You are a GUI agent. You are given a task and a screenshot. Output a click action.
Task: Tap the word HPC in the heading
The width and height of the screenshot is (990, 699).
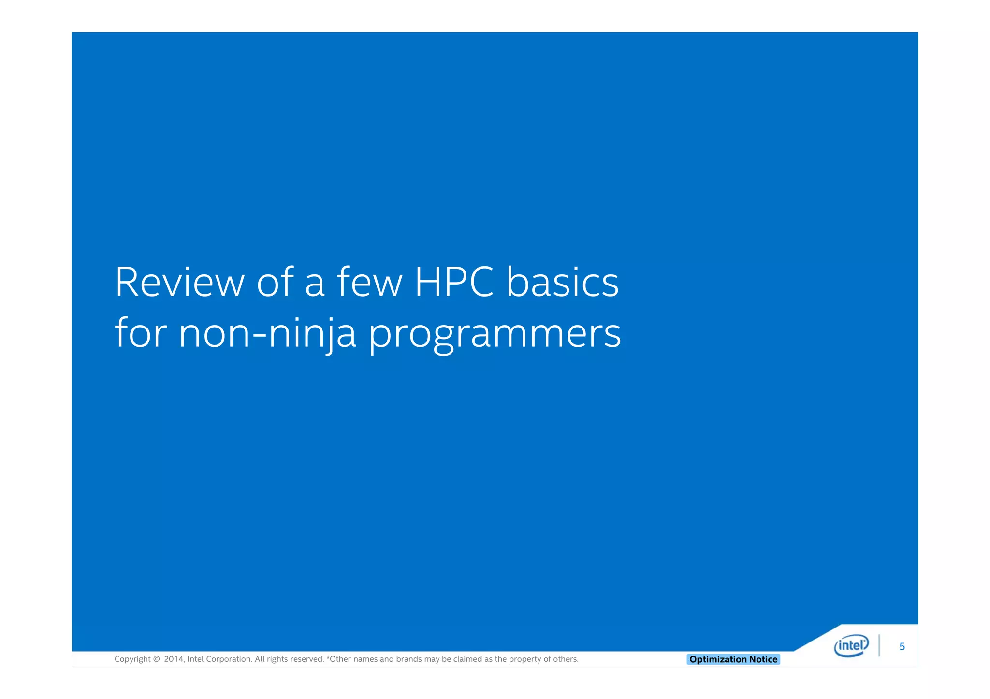[x=454, y=282]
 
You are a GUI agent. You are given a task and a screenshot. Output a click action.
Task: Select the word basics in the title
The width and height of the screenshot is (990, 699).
[x=563, y=282]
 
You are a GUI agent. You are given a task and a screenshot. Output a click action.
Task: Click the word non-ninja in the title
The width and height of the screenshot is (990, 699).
[x=267, y=333]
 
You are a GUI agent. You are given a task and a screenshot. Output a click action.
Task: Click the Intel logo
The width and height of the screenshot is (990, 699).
[x=851, y=646]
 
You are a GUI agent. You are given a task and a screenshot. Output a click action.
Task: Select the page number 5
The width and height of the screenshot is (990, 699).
[x=902, y=647]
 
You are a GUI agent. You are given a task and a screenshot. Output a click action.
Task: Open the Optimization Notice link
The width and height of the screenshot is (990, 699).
[x=733, y=659]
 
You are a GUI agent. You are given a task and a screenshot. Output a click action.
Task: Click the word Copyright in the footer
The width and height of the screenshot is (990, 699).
[x=132, y=659]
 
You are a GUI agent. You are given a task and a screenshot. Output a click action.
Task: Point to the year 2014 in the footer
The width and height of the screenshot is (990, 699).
[x=173, y=659]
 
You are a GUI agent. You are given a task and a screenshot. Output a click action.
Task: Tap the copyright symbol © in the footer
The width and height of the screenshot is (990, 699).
[x=156, y=659]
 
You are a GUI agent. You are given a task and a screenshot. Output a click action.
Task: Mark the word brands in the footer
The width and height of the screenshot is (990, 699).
[x=409, y=659]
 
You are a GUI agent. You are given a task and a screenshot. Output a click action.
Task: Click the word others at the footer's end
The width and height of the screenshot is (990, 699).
[x=566, y=659]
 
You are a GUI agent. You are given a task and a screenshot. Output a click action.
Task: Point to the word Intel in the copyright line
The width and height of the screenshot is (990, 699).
[x=195, y=659]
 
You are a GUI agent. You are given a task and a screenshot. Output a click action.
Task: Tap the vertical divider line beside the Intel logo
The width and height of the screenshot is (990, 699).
[x=879, y=646]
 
